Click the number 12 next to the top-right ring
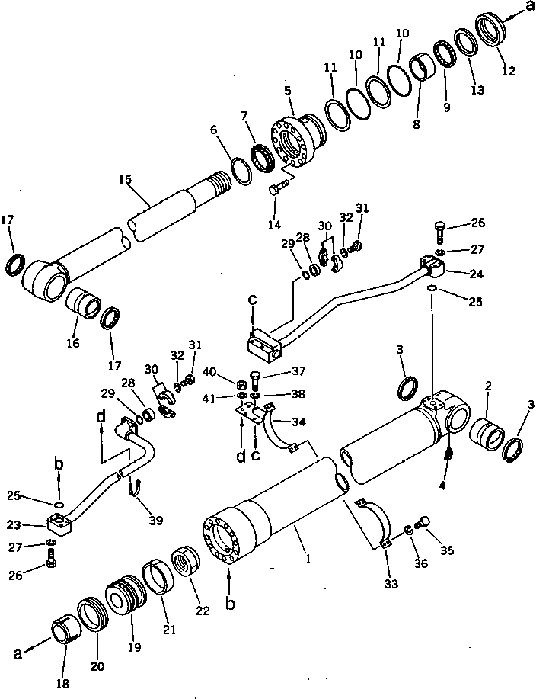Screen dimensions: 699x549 coord(509,72)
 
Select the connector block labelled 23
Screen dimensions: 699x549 coord(59,524)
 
